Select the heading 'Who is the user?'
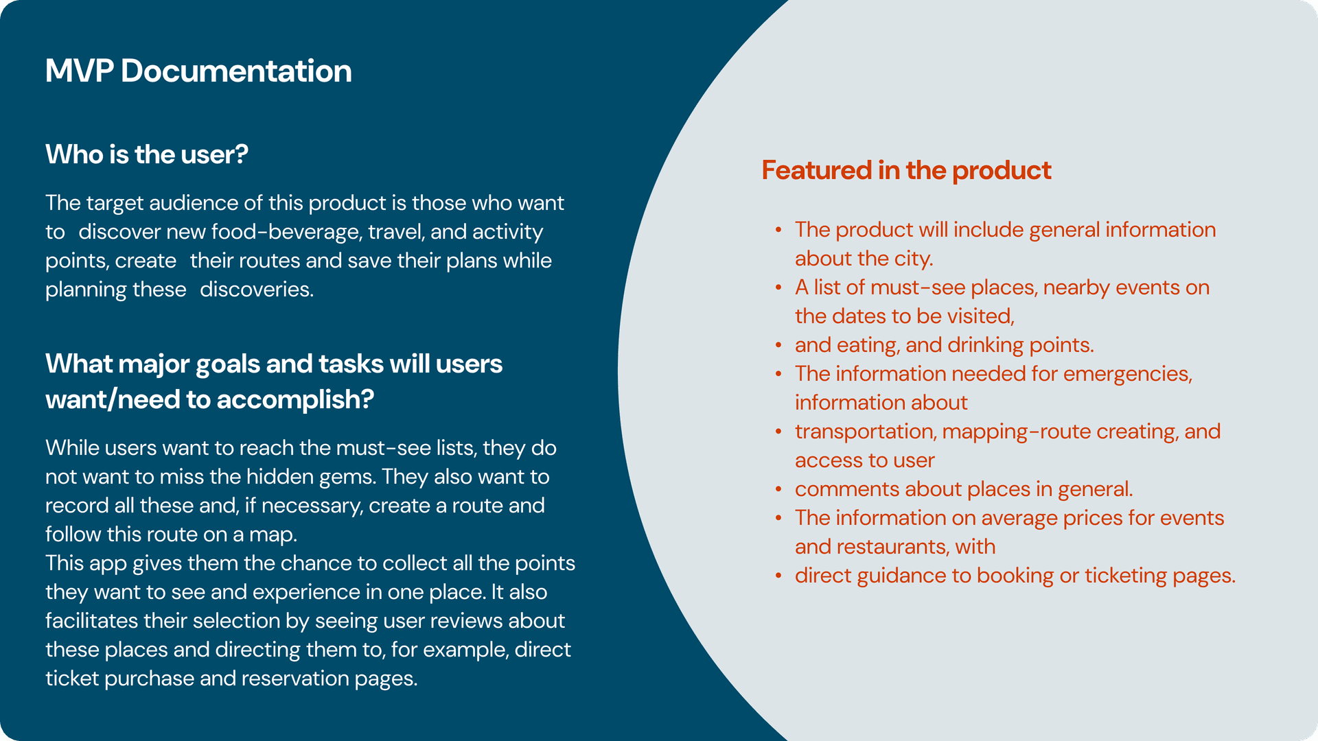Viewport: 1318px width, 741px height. click(147, 154)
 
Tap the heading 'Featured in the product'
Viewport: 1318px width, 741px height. click(906, 170)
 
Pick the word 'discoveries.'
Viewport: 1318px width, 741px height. click(257, 290)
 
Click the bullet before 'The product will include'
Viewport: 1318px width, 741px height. click(778, 230)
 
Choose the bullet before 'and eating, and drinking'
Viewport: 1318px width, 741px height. click(778, 345)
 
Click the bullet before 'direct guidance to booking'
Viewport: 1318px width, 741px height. click(778, 576)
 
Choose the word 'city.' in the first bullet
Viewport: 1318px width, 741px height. click(914, 259)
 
